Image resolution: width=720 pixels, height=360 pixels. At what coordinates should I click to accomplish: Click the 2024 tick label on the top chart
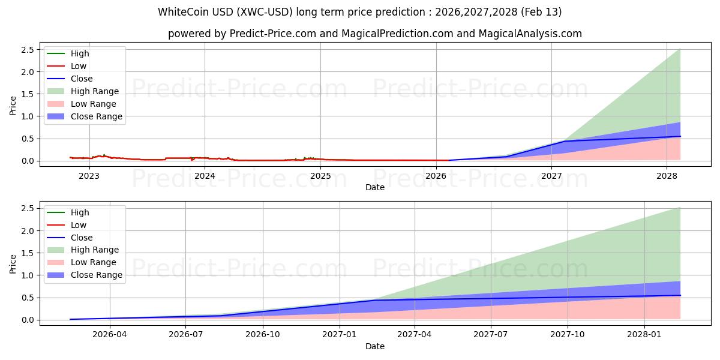pos(205,176)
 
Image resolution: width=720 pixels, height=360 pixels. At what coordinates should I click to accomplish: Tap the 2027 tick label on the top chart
pos(551,176)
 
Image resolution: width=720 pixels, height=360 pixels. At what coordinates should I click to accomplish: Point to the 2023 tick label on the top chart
pos(89,176)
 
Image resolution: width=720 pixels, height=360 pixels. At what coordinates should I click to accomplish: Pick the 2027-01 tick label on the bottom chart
pos(340,335)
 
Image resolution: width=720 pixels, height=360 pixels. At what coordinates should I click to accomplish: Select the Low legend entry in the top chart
pos(79,66)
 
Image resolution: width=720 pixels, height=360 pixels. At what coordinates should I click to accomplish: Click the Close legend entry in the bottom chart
pos(82,238)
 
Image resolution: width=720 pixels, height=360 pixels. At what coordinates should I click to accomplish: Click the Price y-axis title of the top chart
pos(13,106)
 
